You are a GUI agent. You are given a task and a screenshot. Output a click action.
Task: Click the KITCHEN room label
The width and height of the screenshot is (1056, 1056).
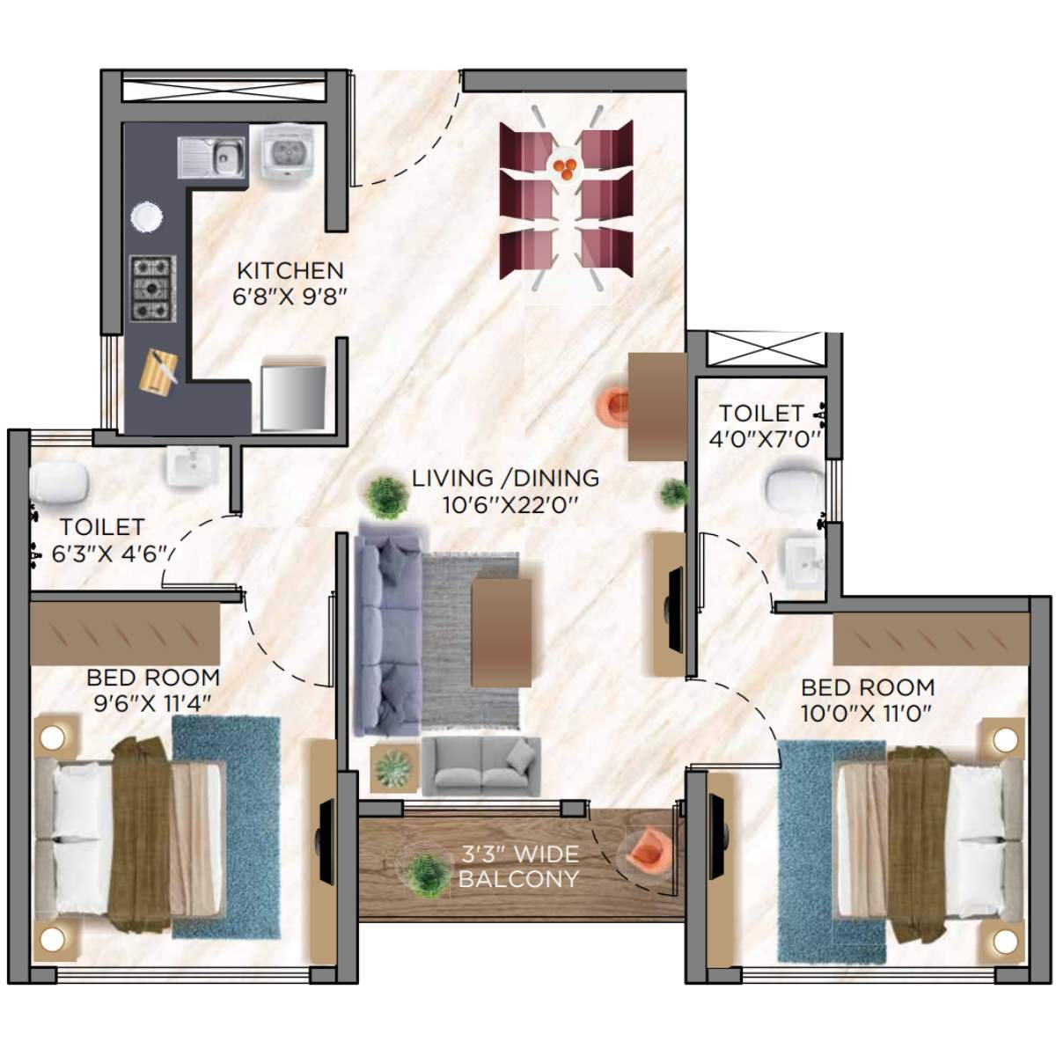(290, 270)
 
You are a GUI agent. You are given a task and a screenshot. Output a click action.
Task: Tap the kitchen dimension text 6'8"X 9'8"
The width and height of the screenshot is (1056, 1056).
(290, 297)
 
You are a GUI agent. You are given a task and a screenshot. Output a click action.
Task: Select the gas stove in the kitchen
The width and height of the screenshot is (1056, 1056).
(153, 288)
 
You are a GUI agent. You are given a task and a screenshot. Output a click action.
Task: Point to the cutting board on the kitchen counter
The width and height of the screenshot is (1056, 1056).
(159, 373)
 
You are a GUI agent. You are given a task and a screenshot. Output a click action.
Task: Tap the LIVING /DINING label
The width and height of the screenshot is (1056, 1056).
(505, 479)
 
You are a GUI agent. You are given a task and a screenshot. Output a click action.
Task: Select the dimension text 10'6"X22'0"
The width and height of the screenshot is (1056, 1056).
(507, 505)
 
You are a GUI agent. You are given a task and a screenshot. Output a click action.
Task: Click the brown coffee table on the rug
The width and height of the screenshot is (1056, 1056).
(502, 631)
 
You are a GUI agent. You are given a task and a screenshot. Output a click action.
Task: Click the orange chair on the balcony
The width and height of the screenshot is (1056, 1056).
(645, 851)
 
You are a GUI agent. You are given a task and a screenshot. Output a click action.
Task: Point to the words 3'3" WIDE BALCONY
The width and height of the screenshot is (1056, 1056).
(519, 866)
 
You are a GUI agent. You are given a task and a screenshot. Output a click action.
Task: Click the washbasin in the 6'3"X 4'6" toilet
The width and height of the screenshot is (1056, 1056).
(193, 465)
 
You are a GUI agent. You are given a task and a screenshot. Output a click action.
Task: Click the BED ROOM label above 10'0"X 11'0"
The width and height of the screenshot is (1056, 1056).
(867, 687)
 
